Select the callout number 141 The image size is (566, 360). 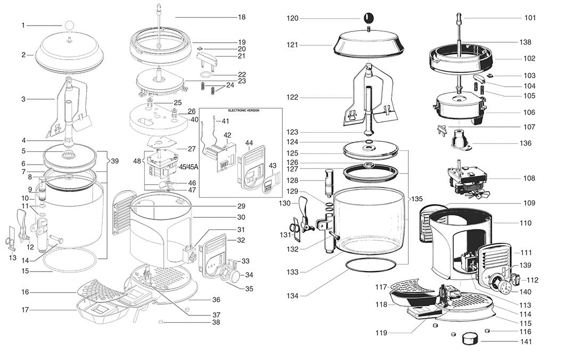pos(526,342)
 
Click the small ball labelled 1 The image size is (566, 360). pos(69,24)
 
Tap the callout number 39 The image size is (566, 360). pos(114,160)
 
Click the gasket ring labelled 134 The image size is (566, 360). pos(371,265)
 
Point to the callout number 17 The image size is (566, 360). pos(25,309)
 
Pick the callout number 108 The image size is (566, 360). pos(529,178)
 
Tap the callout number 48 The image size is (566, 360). pos(137,160)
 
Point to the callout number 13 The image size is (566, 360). pos(13,258)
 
